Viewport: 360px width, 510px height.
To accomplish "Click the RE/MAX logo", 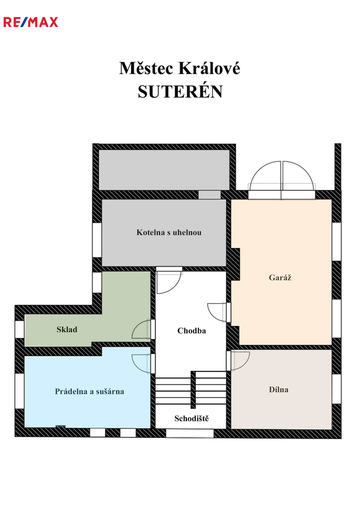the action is coord(31,22).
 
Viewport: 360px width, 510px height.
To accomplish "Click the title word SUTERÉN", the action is coord(180,92).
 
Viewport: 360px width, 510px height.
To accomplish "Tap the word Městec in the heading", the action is coord(146,68).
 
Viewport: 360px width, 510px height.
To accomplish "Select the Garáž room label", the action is coord(280,278).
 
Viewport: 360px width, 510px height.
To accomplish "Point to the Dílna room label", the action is coord(278,390).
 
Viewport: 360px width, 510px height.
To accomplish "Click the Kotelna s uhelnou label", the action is coord(168,232).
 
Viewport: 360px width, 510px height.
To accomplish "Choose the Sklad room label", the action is coord(67,330).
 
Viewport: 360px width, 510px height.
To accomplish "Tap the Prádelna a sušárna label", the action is coord(89,391).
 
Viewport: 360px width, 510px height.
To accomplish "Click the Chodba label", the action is coord(192,331).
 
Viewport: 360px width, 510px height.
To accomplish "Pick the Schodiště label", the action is coord(192,418).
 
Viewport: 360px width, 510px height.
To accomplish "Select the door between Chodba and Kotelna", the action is coord(168,280).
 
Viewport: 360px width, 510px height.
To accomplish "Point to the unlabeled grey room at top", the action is coord(164,170).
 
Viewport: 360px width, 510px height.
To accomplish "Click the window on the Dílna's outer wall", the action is coord(336,389).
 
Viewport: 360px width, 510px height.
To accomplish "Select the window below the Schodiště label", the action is coord(190,433).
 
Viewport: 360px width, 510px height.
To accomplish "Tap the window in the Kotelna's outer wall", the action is coord(97,240).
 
